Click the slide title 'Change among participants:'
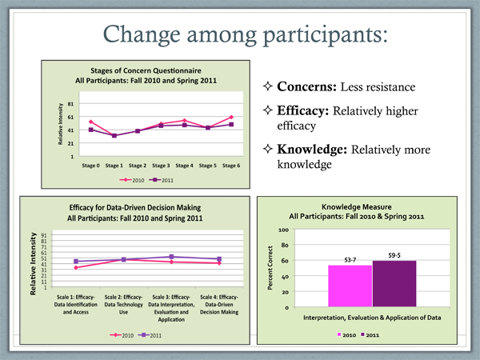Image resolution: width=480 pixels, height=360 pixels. coord(240,34)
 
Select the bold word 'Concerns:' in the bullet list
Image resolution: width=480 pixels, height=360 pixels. coord(308,86)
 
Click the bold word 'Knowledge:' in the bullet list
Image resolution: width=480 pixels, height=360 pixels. coord(314,150)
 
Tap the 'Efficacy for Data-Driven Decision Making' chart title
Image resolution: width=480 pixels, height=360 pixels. coord(134,207)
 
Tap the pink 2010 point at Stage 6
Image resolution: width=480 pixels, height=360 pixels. coord(230,117)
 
